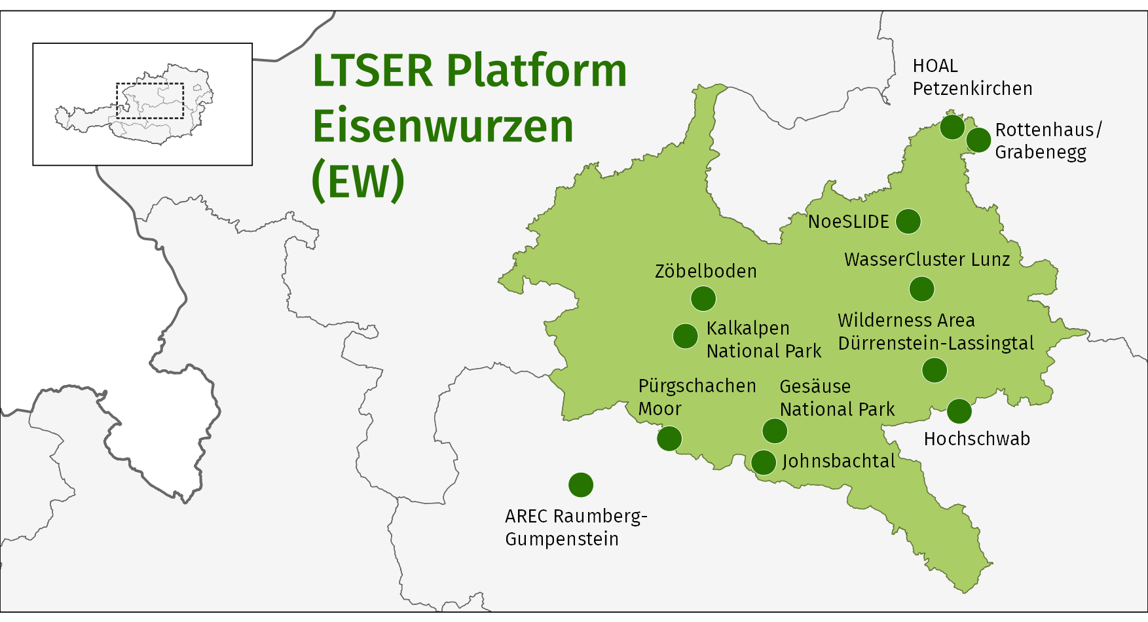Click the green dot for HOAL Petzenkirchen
click(952, 126)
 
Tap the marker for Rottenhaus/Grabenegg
click(978, 140)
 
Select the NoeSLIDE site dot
click(908, 221)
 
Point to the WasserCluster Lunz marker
click(921, 289)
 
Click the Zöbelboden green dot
click(703, 299)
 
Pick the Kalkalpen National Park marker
click(686, 337)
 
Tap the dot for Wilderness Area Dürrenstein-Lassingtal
click(935, 370)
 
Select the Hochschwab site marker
click(959, 411)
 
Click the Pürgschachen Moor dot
click(669, 438)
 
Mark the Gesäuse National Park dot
click(775, 431)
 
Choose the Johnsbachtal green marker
click(764, 462)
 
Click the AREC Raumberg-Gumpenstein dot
click(581, 485)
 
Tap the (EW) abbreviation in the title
click(358, 181)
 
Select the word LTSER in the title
click(373, 71)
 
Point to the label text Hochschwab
click(976, 439)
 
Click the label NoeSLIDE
click(848, 222)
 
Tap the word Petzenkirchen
click(972, 88)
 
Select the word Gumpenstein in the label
click(562, 540)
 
